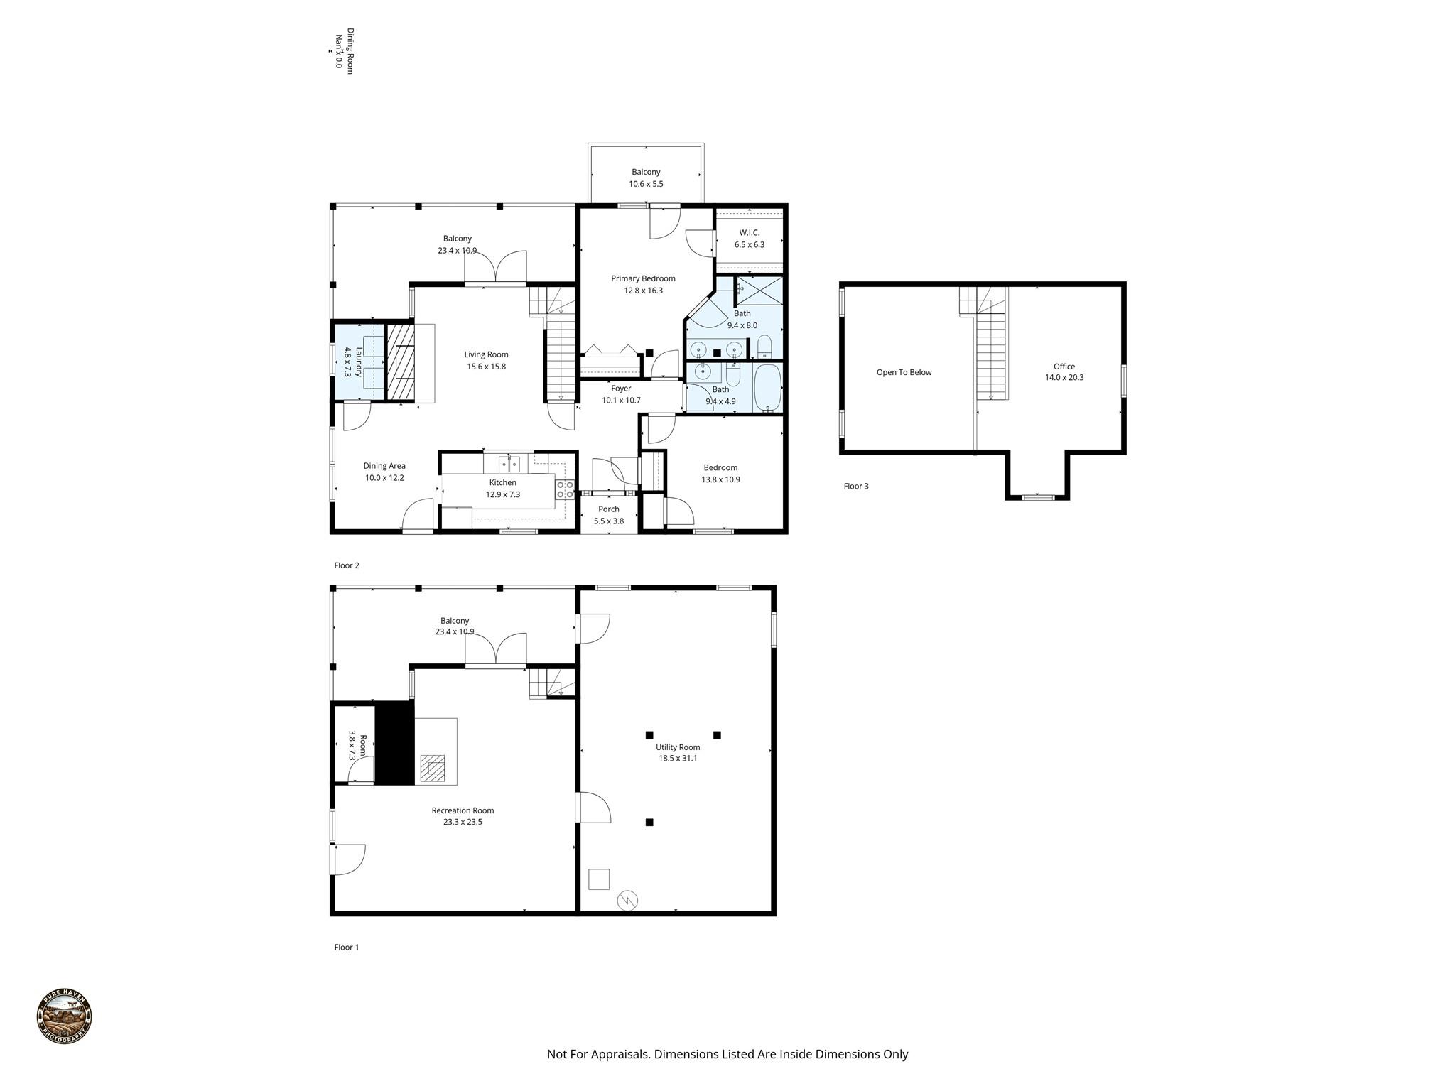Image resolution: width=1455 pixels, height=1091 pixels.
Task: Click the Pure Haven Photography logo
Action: pyautogui.click(x=65, y=1016)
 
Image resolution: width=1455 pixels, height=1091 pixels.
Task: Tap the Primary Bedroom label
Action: pyautogui.click(x=643, y=284)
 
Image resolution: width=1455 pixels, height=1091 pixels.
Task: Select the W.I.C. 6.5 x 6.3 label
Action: pyautogui.click(x=749, y=239)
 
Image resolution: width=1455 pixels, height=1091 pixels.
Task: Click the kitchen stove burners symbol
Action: pyautogui.click(x=565, y=489)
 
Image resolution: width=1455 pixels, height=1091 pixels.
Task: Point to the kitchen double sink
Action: pyautogui.click(x=509, y=464)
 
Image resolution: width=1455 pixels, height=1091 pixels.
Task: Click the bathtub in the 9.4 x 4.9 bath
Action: pyautogui.click(x=767, y=388)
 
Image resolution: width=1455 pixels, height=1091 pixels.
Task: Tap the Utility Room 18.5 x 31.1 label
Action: pyautogui.click(x=677, y=752)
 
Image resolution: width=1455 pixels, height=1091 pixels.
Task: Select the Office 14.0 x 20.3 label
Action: pyautogui.click(x=1064, y=372)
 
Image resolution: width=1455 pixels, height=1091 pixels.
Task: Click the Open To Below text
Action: pyautogui.click(x=904, y=372)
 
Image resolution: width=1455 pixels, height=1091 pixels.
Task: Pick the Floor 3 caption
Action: pyautogui.click(x=855, y=486)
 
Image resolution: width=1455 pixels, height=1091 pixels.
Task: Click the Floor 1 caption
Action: pyautogui.click(x=347, y=947)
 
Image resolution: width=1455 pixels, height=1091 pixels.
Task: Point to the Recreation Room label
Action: pyautogui.click(x=463, y=815)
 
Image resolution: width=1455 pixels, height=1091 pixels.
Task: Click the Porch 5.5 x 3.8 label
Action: pyautogui.click(x=609, y=515)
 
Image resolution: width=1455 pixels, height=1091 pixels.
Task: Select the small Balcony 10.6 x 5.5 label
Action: pyautogui.click(x=646, y=178)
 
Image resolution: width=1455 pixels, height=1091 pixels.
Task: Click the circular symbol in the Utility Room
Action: pyautogui.click(x=627, y=901)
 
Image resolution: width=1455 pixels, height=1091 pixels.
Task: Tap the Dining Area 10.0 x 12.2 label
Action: pyautogui.click(x=384, y=472)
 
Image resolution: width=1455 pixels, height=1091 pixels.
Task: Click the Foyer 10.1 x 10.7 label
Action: pyautogui.click(x=621, y=394)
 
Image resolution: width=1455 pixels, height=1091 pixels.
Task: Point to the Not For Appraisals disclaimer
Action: pyautogui.click(x=727, y=1054)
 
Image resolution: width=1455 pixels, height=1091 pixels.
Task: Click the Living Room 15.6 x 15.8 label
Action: pyautogui.click(x=486, y=360)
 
